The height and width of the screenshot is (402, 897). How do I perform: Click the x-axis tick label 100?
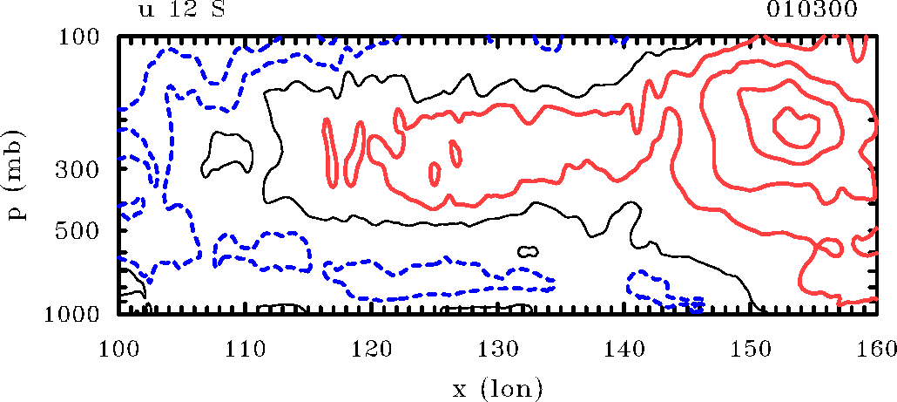pyautogui.click(x=118, y=350)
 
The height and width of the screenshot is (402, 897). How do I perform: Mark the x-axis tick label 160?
pyautogui.click(x=873, y=350)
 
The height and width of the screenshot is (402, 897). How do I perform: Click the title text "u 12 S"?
pyautogui.click(x=182, y=10)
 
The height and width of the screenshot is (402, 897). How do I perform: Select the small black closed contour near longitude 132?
pyautogui.click(x=528, y=251)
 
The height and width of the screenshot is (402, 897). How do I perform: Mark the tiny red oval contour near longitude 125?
pyautogui.click(x=435, y=174)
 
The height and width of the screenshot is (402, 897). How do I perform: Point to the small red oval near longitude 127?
pyautogui.click(x=457, y=154)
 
